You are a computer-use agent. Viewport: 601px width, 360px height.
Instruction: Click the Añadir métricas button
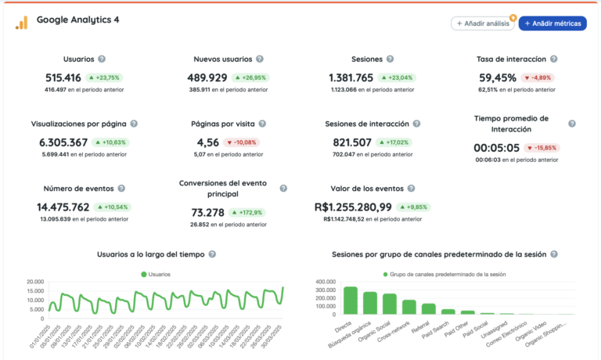[552, 23]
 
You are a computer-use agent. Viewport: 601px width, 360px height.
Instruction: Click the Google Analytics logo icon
[21, 23]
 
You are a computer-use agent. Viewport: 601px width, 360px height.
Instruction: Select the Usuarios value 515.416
[63, 77]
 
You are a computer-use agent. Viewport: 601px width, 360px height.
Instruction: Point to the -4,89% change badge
[542, 77]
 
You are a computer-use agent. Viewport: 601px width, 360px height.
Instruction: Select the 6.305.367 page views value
[63, 142]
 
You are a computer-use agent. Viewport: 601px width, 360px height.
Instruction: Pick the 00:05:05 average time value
[496, 147]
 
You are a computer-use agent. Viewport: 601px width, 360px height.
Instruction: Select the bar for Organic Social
[389, 304]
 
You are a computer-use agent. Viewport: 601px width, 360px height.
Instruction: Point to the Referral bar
[429, 308]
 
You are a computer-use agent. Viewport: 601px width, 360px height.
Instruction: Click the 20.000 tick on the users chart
[34, 282]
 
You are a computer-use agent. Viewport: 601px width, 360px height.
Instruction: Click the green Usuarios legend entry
[155, 274]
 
